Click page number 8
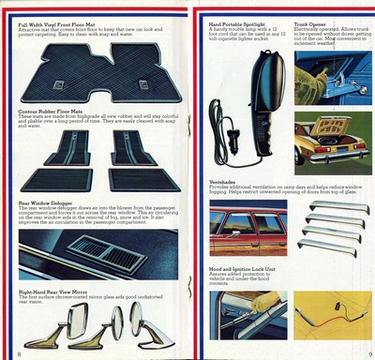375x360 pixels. (20, 353)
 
